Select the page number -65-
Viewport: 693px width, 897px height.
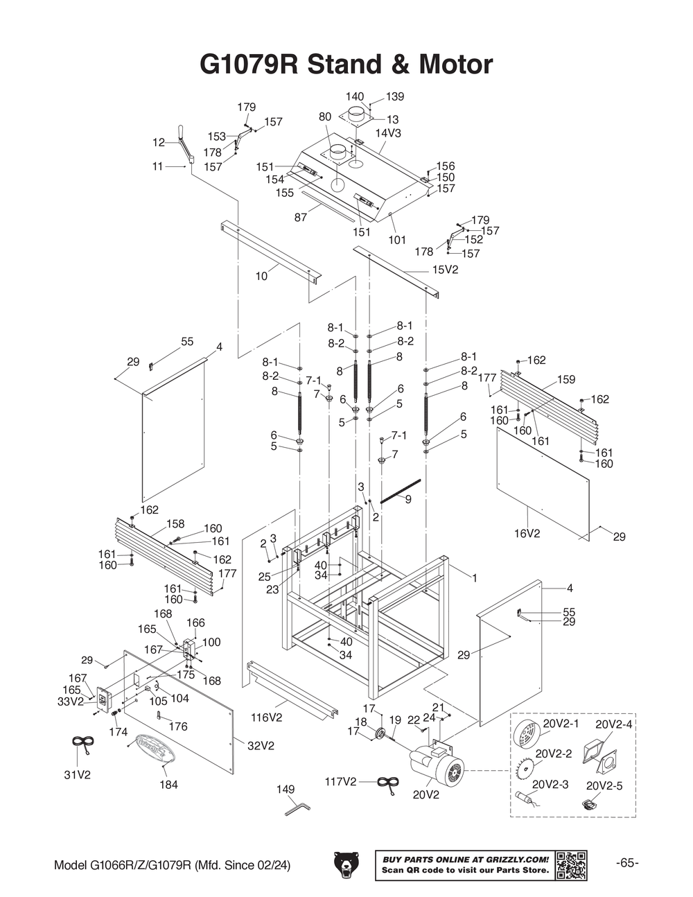point(627,863)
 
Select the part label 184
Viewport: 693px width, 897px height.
point(168,785)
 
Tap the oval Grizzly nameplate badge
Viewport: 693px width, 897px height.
point(156,749)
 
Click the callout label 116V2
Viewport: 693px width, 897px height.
point(267,717)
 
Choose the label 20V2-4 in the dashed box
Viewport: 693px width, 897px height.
point(614,724)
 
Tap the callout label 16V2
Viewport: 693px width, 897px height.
point(527,534)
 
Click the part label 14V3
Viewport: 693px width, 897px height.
point(389,132)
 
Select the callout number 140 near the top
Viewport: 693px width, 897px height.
point(354,96)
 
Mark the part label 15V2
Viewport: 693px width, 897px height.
point(446,270)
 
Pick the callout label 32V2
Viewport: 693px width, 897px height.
point(261,746)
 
